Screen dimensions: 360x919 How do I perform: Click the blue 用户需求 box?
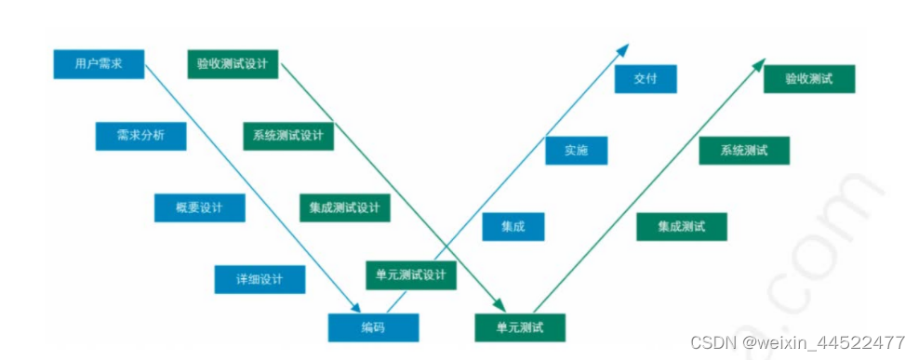(x=99, y=64)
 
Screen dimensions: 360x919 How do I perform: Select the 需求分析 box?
(x=140, y=136)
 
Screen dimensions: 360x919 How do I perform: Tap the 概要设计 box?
(x=199, y=207)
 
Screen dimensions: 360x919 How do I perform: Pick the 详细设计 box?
(x=259, y=278)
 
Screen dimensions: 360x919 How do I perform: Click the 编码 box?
(x=372, y=327)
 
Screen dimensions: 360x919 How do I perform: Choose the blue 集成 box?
(x=513, y=227)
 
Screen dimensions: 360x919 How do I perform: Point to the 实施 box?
(x=576, y=151)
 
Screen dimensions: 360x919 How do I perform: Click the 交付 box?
(x=645, y=79)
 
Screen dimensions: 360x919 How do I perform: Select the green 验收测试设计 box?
(x=232, y=64)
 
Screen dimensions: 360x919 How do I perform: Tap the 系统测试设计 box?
(x=287, y=136)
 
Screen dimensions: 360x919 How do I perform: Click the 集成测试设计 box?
(x=344, y=207)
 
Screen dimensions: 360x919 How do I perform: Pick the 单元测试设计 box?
(x=410, y=275)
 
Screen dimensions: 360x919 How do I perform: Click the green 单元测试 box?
(x=519, y=327)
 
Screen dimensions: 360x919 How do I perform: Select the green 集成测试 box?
(x=681, y=226)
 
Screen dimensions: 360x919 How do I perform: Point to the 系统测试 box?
(x=743, y=151)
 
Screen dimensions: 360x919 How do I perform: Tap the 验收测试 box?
(x=808, y=79)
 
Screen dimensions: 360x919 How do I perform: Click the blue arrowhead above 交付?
(x=622, y=48)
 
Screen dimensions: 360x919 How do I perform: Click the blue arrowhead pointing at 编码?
(x=354, y=306)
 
